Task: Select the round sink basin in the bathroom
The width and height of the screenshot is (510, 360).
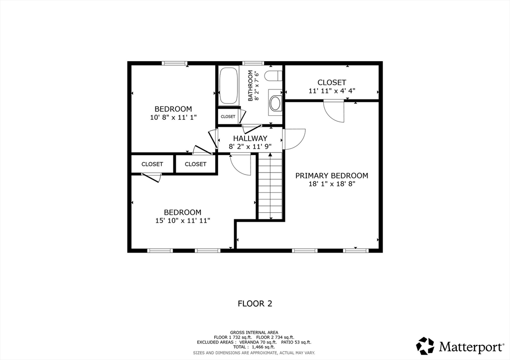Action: coord(276,103)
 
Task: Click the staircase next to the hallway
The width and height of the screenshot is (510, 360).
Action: coord(270,186)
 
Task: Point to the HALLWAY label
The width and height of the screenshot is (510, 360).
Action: coord(250,138)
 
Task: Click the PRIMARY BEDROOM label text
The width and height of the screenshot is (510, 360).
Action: coord(332,176)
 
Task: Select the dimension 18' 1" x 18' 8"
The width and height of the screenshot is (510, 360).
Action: coord(332,184)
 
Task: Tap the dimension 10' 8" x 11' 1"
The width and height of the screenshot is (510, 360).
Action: coord(173,117)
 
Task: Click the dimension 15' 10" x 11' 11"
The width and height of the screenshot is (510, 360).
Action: coord(183,221)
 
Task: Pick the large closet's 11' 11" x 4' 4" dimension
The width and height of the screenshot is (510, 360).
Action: coord(332,91)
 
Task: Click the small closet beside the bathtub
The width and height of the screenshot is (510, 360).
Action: coord(228,116)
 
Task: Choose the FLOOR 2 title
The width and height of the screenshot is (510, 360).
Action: coord(255,303)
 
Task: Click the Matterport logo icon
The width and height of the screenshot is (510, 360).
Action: coord(425,346)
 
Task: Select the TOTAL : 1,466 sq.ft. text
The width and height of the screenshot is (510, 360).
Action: coord(254,347)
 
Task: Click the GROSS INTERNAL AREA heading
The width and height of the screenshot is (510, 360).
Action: coord(254,333)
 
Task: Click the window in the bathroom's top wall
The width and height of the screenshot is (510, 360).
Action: coord(253,63)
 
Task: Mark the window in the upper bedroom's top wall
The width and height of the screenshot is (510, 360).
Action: coord(174,63)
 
